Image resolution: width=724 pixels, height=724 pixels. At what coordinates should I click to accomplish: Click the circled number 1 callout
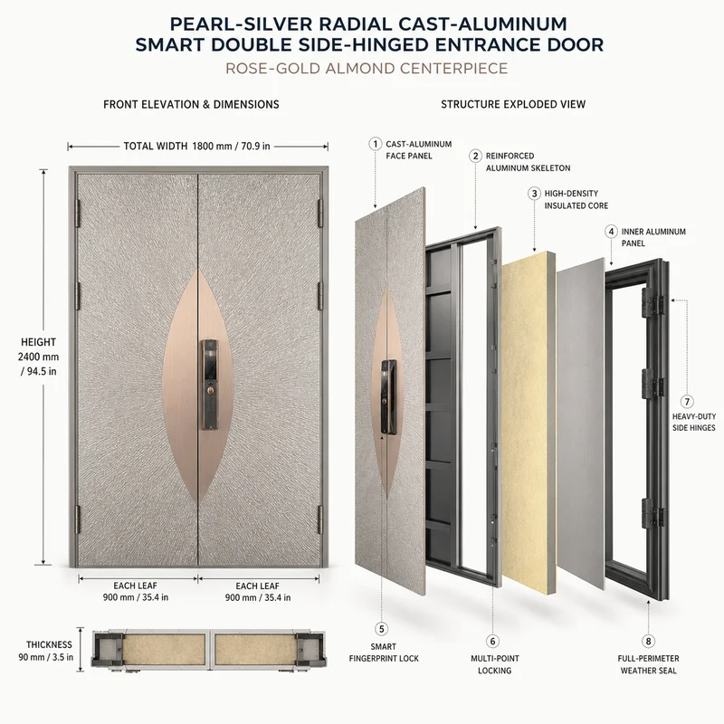[375, 144]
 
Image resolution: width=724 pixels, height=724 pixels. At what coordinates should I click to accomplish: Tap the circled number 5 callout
[381, 629]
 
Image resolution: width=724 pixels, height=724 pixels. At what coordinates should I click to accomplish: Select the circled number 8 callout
[648, 641]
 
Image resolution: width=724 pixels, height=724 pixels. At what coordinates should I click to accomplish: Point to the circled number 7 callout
[687, 402]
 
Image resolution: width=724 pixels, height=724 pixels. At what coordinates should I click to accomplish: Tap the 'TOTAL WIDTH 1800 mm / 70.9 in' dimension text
[196, 147]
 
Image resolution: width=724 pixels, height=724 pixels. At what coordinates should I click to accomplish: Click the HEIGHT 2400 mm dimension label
[38, 357]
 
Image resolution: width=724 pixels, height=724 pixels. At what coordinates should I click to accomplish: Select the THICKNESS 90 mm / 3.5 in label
[47, 651]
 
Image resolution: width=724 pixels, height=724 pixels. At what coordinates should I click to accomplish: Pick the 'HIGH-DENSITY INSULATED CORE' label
[576, 199]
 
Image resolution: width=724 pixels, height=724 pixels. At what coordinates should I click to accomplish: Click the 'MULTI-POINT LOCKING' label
[494, 664]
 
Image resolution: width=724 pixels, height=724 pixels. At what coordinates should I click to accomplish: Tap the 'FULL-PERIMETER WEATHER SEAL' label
[648, 664]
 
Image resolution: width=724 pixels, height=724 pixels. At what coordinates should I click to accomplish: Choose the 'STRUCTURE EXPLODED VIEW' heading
[513, 104]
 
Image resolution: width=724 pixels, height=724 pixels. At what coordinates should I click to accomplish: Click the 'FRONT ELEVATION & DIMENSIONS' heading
[191, 104]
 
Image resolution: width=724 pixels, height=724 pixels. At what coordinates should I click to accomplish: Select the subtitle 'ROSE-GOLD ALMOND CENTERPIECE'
[367, 69]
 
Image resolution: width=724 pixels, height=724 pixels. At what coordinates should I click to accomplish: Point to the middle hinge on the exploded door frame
[653, 383]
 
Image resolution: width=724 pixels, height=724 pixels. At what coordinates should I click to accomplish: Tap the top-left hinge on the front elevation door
[77, 214]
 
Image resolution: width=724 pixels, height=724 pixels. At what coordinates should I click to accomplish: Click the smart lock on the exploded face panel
[388, 397]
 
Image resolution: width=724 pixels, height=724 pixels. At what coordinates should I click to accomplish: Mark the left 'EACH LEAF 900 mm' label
[135, 592]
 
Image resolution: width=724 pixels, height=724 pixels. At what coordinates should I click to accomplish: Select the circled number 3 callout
[534, 194]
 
